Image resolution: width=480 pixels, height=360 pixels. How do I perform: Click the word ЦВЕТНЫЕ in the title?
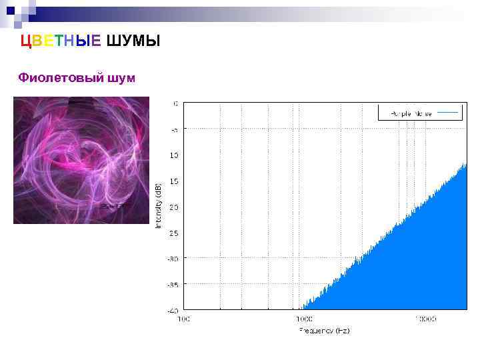(61, 41)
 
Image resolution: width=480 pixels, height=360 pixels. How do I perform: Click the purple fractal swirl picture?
(81, 160)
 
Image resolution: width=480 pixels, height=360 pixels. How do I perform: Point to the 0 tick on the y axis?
(175, 103)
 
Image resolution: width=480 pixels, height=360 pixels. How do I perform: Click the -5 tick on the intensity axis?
(173, 129)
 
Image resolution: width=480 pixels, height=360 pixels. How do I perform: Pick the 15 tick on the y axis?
(173, 181)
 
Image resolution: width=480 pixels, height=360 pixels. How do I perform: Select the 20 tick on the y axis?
(173, 207)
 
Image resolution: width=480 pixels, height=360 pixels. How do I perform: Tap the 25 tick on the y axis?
(173, 233)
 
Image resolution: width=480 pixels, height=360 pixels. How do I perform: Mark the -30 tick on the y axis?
(172, 258)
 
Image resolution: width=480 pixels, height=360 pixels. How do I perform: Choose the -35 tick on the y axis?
(172, 284)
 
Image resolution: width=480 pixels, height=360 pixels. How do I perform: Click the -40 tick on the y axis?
(172, 310)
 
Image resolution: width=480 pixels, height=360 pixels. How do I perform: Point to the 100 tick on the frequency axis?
(183, 319)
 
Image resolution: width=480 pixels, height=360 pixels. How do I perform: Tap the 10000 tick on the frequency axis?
(425, 319)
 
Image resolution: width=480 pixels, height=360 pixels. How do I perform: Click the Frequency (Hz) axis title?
(325, 330)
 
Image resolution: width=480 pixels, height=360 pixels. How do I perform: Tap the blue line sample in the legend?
(449, 113)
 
